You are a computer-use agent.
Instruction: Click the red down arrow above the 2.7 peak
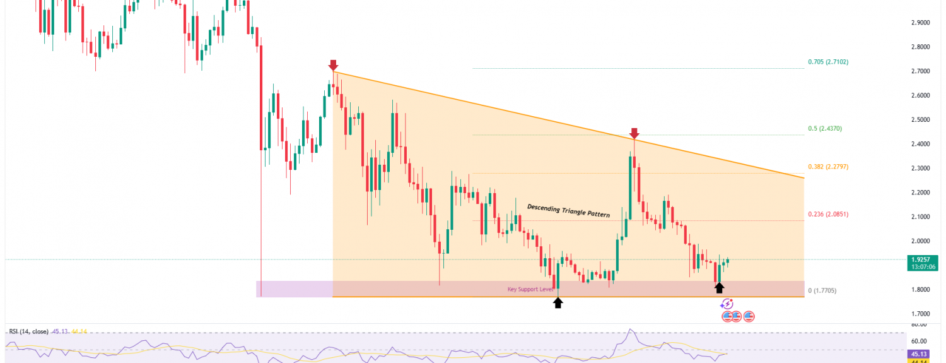click(333, 65)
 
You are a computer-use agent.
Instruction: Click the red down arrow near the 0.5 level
click(634, 133)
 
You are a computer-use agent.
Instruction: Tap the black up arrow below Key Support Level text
click(558, 302)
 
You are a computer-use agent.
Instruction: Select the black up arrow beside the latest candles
click(719, 288)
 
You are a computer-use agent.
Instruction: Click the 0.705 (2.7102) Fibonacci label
click(828, 62)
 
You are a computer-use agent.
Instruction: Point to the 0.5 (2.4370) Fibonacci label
click(825, 128)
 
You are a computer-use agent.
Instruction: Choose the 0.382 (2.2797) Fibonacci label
click(828, 167)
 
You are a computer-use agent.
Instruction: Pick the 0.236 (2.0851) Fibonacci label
click(828, 214)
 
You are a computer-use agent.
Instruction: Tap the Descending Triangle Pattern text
click(568, 210)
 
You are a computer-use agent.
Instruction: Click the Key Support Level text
click(531, 289)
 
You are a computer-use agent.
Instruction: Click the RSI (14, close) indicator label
click(29, 331)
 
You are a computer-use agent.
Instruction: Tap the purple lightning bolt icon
click(727, 304)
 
